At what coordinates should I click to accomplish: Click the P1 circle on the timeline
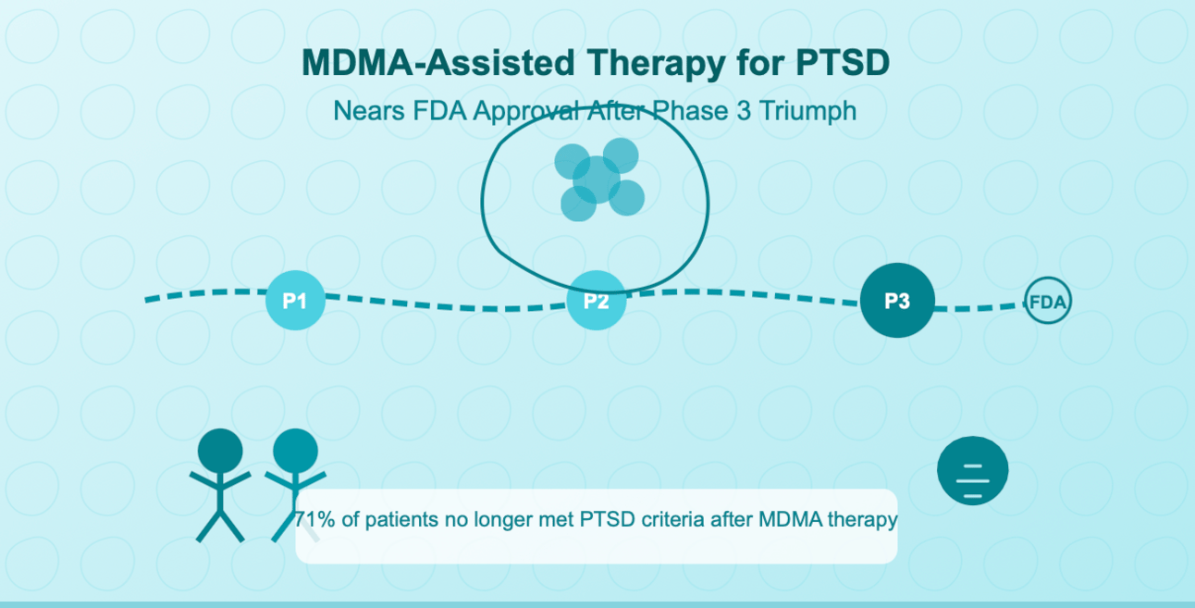(x=295, y=300)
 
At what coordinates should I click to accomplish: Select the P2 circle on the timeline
(x=597, y=300)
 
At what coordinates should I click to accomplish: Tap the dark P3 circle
(x=897, y=300)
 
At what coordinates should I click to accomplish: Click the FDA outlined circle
(x=1048, y=302)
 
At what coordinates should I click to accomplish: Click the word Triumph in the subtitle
(x=811, y=111)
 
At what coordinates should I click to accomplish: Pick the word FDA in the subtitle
(x=440, y=111)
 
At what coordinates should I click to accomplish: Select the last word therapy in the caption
(x=863, y=520)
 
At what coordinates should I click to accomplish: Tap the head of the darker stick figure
(x=220, y=451)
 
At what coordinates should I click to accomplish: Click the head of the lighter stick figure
(x=295, y=451)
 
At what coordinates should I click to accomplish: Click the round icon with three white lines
(x=972, y=470)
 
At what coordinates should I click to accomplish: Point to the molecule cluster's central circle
(x=597, y=180)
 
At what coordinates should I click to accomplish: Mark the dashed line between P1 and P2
(x=444, y=304)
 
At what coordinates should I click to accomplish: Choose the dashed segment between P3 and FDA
(x=979, y=306)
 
